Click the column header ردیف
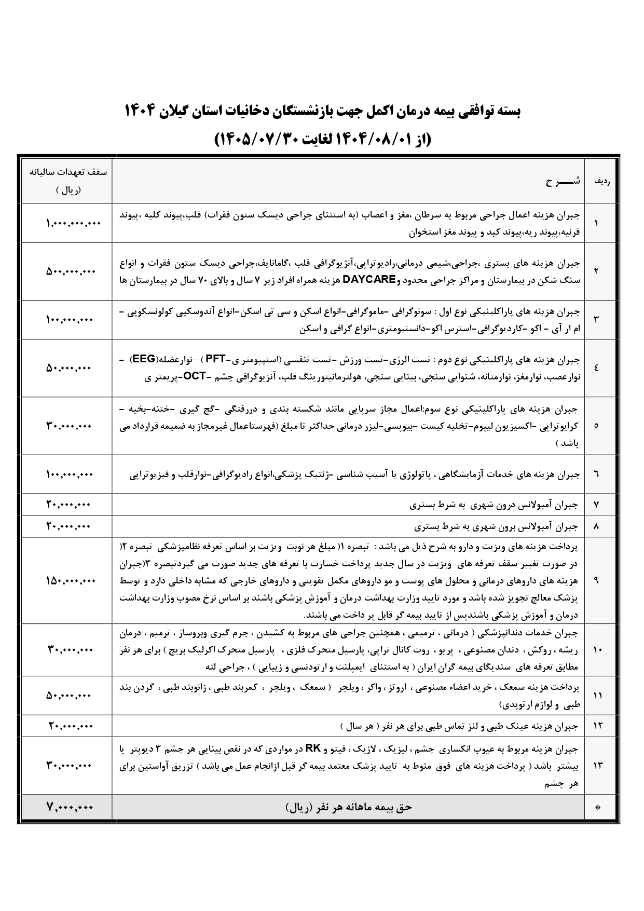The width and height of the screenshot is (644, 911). pos(601,182)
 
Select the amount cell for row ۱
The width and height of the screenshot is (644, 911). pos(72,223)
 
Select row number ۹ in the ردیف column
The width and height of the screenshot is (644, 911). pos(596,580)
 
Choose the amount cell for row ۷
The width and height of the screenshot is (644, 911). pos(68,504)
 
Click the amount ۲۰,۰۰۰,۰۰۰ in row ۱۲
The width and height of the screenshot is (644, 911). pos(71,725)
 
